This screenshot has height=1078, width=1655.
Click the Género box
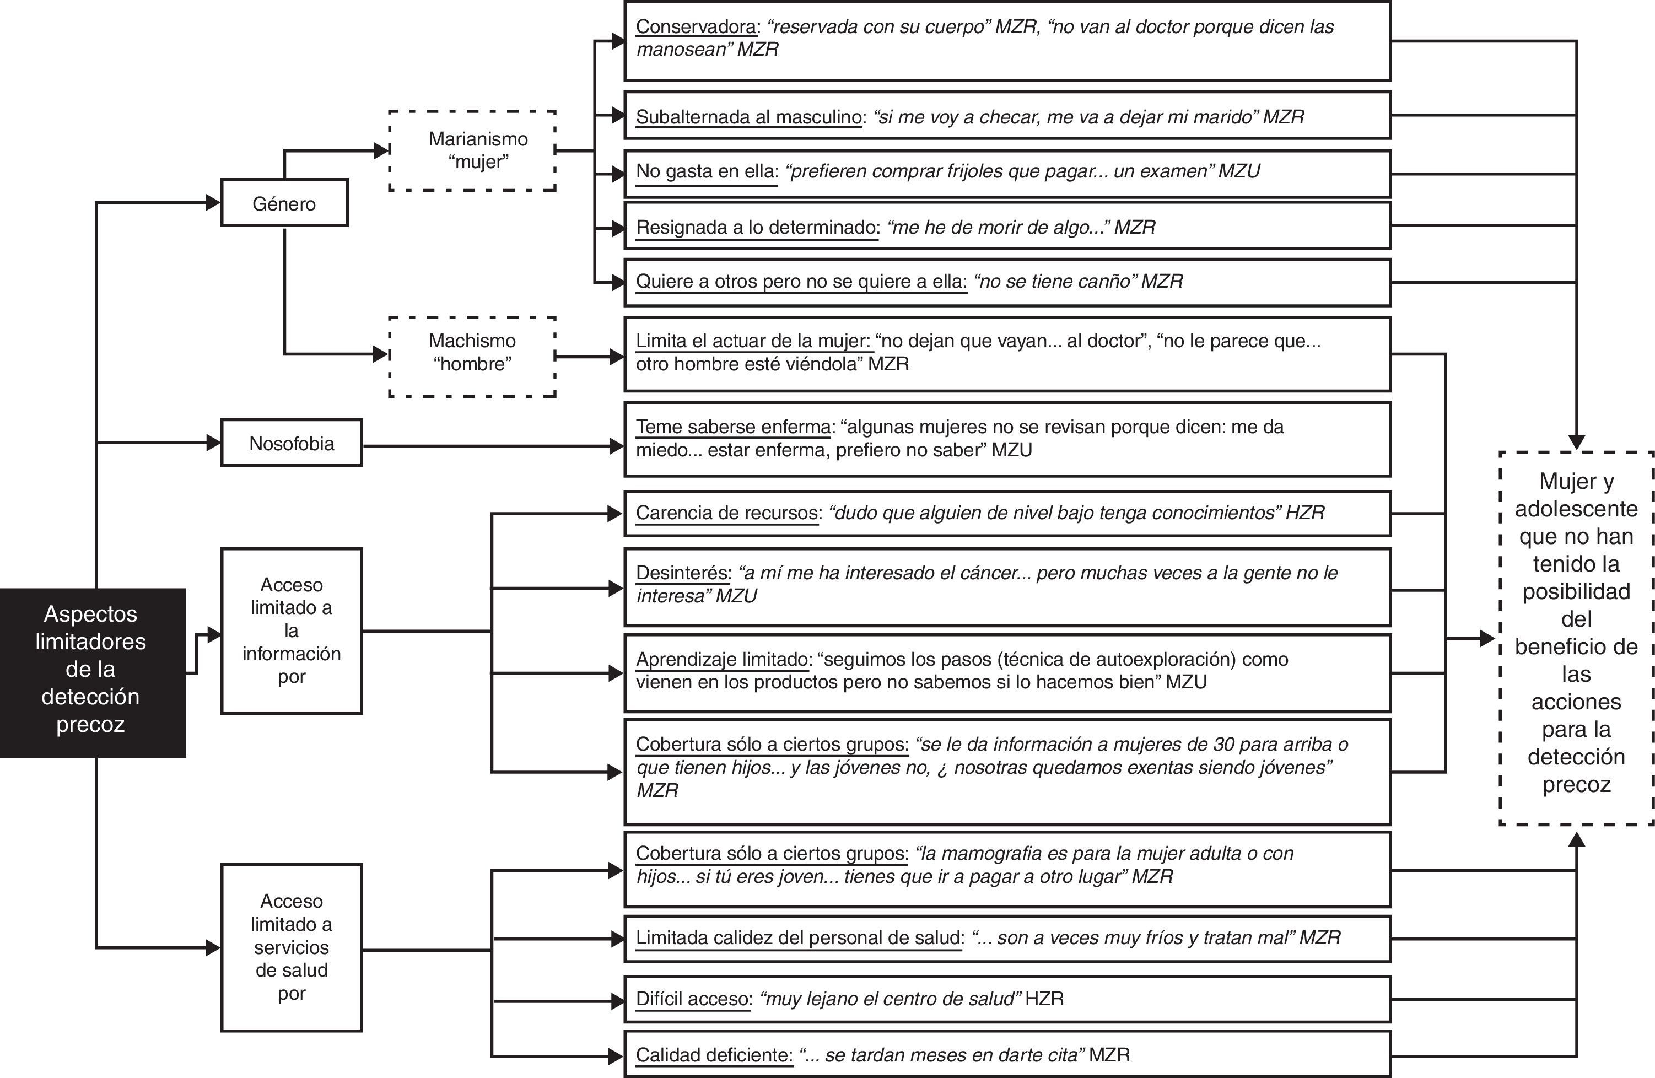[x=284, y=203]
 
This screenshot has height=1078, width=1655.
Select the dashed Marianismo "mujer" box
[x=473, y=150]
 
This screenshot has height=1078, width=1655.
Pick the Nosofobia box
[x=292, y=443]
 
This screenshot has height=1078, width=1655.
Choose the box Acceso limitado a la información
[x=292, y=631]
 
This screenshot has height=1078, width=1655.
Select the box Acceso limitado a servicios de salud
[x=292, y=947]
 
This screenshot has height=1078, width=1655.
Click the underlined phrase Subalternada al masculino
[x=748, y=117]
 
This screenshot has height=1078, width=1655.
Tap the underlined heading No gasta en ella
[x=707, y=171]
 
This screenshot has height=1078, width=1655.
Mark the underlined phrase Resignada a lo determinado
[x=757, y=228]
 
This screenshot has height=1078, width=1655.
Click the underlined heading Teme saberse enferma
[x=733, y=427]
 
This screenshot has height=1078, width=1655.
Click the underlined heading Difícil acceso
[x=693, y=999]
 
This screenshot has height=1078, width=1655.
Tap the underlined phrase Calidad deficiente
[x=714, y=1055]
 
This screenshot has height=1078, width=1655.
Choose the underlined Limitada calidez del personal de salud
[x=799, y=938]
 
